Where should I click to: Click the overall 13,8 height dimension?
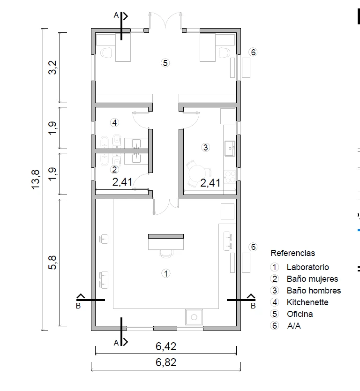[x=36, y=180]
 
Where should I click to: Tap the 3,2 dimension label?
[x=52, y=68]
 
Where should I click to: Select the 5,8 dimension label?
[x=52, y=263]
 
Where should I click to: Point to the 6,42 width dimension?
[x=166, y=346]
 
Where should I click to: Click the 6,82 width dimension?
[x=166, y=362]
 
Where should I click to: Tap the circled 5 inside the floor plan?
[x=165, y=63]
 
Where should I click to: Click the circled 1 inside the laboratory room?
[x=166, y=273]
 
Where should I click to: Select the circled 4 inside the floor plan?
[x=114, y=123]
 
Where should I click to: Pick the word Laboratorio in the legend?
[x=307, y=267]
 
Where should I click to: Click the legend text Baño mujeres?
[x=312, y=279]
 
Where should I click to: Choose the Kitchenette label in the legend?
[x=307, y=302]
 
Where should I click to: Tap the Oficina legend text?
[x=300, y=314]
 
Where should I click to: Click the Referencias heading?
[x=292, y=253]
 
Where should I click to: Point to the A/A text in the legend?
[x=294, y=326]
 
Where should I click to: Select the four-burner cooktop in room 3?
[x=230, y=177]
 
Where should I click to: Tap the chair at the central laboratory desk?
[x=166, y=254]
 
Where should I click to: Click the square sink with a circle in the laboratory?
[x=194, y=317]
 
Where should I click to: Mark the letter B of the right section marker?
[x=253, y=306]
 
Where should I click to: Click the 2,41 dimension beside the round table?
[x=210, y=183]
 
